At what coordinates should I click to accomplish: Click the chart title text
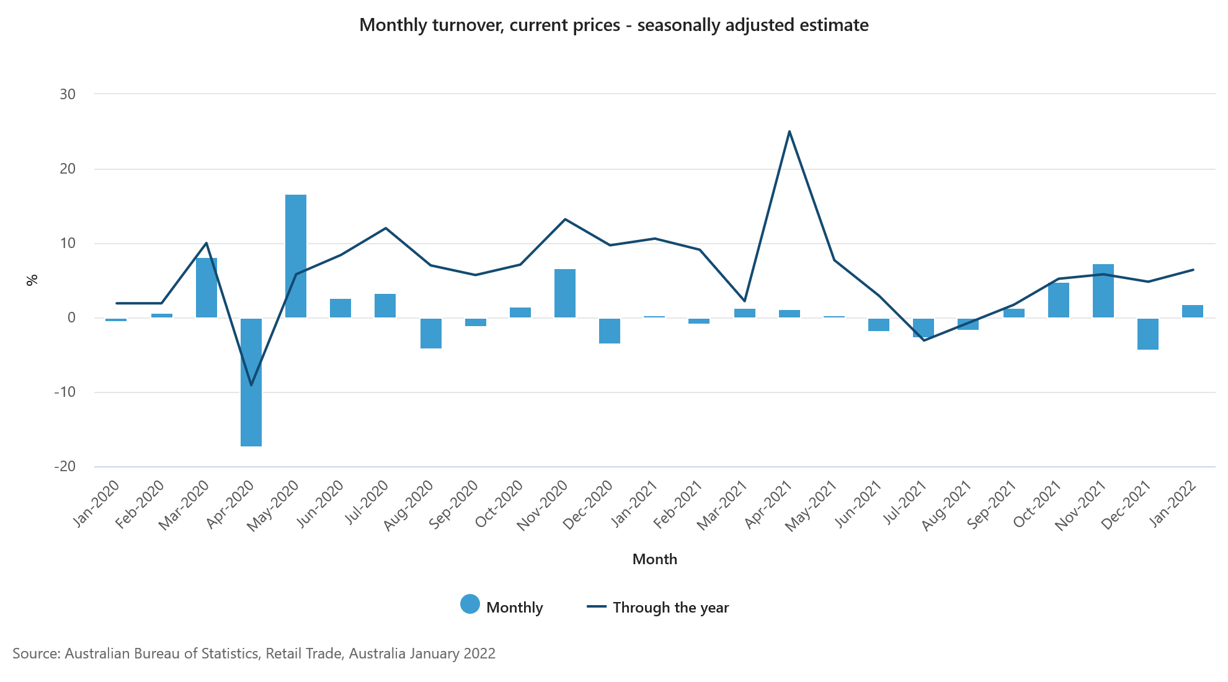pyautogui.click(x=613, y=25)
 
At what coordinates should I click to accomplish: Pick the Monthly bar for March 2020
pyautogui.click(x=207, y=288)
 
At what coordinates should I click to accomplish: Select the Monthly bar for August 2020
pyautogui.click(x=431, y=333)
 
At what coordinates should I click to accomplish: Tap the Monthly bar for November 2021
pyautogui.click(x=1103, y=291)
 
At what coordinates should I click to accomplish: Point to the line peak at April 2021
pyautogui.click(x=789, y=131)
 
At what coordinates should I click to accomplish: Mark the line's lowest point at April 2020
pyautogui.click(x=251, y=385)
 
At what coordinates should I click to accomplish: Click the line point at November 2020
pyautogui.click(x=565, y=219)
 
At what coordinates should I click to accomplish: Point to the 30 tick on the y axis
pyautogui.click(x=68, y=94)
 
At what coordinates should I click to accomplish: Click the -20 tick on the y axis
pyautogui.click(x=65, y=466)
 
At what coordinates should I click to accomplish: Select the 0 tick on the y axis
pyautogui.click(x=72, y=317)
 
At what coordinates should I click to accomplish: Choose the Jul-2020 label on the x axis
pyautogui.click(x=367, y=502)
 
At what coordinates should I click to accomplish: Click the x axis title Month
pyautogui.click(x=654, y=559)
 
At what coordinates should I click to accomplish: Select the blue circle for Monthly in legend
pyautogui.click(x=470, y=604)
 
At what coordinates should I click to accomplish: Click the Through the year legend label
pyautogui.click(x=670, y=608)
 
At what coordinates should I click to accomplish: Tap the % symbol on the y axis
pyautogui.click(x=32, y=280)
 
